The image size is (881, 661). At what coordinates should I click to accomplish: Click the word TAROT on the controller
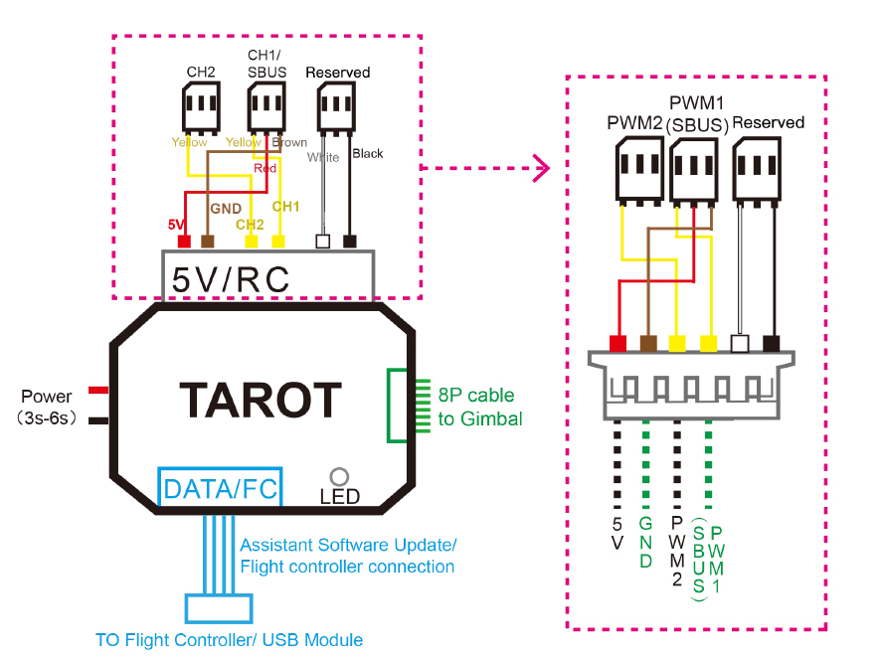pos(261,400)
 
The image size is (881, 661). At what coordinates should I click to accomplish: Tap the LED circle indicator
pos(339,477)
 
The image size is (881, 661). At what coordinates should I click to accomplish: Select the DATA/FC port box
pos(220,487)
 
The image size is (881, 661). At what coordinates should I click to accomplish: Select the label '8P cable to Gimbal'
pos(479,407)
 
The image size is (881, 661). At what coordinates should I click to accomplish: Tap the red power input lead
pos(98,389)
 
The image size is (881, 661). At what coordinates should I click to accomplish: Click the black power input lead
pos(98,419)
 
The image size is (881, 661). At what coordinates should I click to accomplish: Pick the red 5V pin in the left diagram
pos(183,242)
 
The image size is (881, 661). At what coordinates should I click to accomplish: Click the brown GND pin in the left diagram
pos(208,242)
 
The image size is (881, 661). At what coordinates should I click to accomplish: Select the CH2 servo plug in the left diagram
pos(201,108)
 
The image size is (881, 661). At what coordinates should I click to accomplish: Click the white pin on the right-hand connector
pos(738,343)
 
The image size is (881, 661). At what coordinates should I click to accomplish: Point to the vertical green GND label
pos(646,542)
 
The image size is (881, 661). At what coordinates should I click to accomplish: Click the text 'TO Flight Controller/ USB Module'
pos(229,639)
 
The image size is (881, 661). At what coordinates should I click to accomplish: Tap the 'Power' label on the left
pos(46,397)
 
